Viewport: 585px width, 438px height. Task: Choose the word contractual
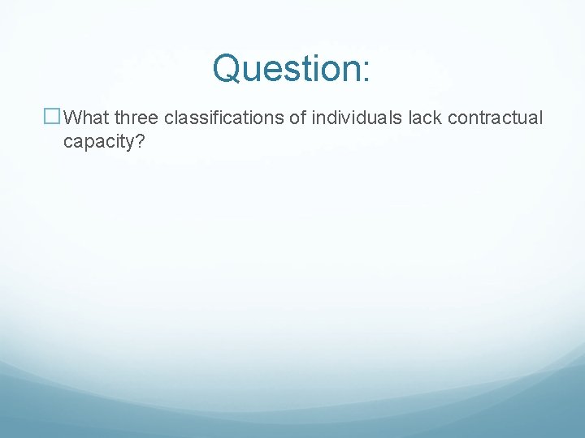pos(495,118)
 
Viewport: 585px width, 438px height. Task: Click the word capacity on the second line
pos(98,143)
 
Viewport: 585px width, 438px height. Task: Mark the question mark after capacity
pos(140,142)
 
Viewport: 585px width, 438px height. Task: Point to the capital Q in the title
pos(228,68)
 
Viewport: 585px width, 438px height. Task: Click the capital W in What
pos(71,118)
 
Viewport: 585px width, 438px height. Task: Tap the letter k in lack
pos(437,118)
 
